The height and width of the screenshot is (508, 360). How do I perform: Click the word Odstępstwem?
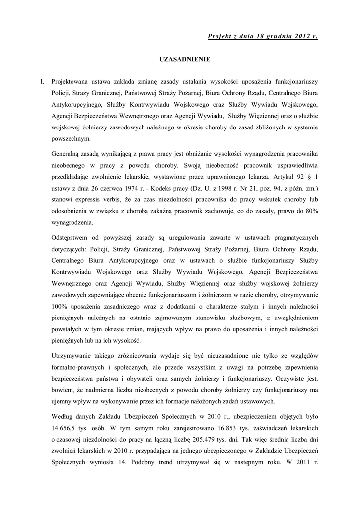(x=72, y=238)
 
